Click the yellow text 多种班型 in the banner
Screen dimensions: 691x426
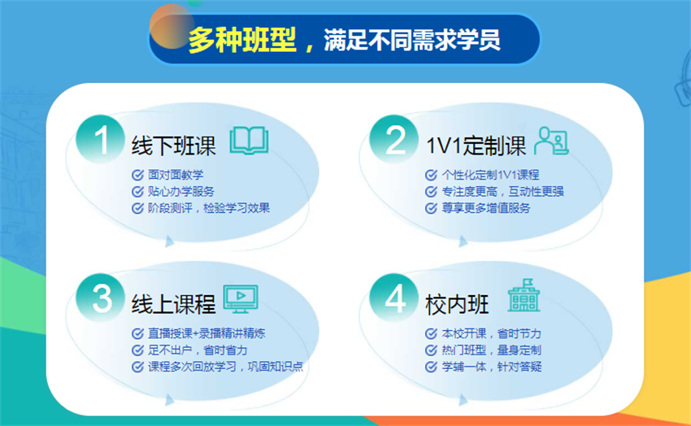[x=242, y=40]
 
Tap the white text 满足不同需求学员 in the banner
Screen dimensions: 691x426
[x=412, y=40]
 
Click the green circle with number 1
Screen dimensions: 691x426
[x=101, y=140]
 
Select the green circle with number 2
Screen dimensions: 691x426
[x=394, y=140]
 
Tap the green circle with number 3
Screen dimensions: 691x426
[x=101, y=298]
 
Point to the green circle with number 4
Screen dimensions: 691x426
[x=394, y=298]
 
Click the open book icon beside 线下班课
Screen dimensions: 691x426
[x=249, y=141]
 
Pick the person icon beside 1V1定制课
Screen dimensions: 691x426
[x=551, y=141]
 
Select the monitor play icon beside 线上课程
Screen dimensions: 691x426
[x=241, y=299]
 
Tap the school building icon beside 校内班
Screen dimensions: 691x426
[x=524, y=295]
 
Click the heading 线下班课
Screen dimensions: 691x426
[x=174, y=146]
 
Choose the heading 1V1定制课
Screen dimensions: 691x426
[x=476, y=146]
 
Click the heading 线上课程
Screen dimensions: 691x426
[x=174, y=304]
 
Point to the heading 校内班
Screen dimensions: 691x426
[x=457, y=304]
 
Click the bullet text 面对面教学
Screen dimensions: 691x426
[x=176, y=175]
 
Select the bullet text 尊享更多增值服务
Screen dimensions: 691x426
[x=486, y=208]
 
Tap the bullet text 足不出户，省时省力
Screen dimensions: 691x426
[x=198, y=350]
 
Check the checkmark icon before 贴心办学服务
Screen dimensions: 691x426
[x=137, y=192]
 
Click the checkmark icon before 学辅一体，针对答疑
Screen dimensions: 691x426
[x=431, y=367]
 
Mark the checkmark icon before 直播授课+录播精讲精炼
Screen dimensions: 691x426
[x=137, y=333]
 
